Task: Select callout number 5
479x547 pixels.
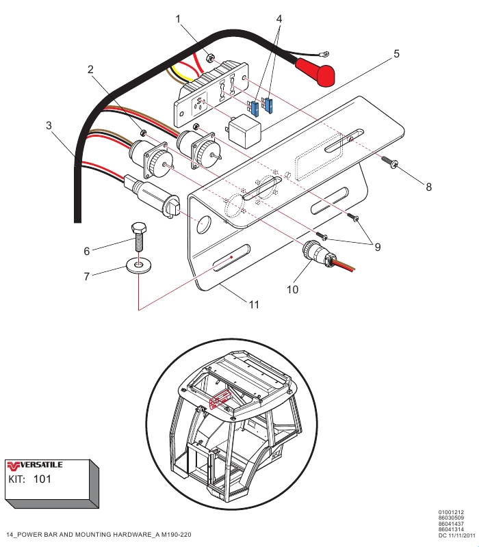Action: [396, 53]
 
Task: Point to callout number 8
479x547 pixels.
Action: [429, 187]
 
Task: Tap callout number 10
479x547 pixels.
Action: [293, 289]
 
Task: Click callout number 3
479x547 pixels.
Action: [49, 126]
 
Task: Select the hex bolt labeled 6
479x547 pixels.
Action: [138, 236]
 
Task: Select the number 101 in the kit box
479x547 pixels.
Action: [42, 479]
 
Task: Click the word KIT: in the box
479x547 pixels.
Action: [17, 479]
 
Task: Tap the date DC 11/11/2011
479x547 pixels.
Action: [456, 535]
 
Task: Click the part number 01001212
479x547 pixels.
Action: [451, 512]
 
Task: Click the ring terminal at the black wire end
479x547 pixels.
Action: [326, 50]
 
